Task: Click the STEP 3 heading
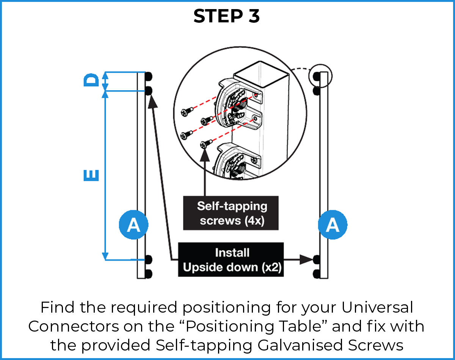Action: pos(227,16)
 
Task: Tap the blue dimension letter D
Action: pos(91,81)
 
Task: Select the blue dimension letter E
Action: pos(91,175)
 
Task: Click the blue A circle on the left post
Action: pos(133,225)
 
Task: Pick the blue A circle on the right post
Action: pos(333,225)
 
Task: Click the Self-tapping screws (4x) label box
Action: pos(231,213)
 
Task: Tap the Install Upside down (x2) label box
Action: pos(231,260)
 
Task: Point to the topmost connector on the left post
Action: pos(149,76)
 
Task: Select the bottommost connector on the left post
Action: pos(149,274)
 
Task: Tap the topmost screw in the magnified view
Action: pos(186,112)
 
